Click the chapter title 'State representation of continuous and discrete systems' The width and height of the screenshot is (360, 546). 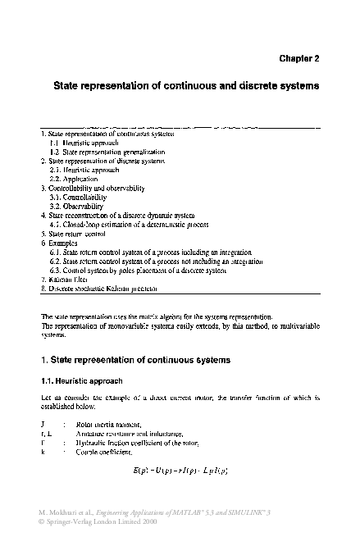[186, 84]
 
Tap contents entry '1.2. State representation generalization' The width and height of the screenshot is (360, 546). [107, 152]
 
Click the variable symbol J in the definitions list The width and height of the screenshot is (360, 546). [43, 425]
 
